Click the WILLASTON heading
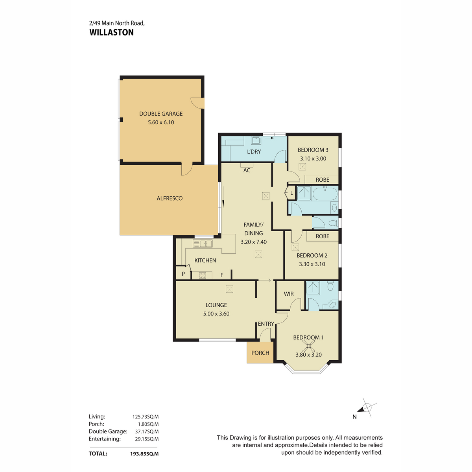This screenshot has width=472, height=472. (x=111, y=32)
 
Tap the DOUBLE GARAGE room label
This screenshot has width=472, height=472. (x=161, y=114)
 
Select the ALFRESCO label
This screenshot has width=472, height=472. (x=170, y=198)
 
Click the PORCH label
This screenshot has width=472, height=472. (x=260, y=353)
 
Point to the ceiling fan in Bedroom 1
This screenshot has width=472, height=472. (x=309, y=346)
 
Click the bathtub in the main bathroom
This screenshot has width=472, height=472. (x=325, y=194)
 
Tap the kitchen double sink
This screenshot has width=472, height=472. (x=203, y=244)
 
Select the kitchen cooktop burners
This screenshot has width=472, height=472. (x=202, y=275)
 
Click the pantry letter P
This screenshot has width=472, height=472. (x=183, y=274)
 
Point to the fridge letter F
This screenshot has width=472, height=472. (x=222, y=275)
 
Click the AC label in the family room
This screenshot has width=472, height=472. (x=247, y=170)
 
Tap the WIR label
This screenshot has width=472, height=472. (x=289, y=294)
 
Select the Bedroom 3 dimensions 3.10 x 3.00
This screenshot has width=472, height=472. (x=313, y=159)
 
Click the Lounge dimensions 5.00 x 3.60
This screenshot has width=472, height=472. (x=216, y=314)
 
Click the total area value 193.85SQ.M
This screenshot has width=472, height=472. (x=144, y=454)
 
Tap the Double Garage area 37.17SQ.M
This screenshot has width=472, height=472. (x=147, y=431)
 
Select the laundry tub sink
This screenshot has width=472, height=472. (x=256, y=140)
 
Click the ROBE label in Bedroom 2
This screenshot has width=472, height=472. (x=323, y=236)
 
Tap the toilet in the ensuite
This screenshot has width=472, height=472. (x=330, y=286)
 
